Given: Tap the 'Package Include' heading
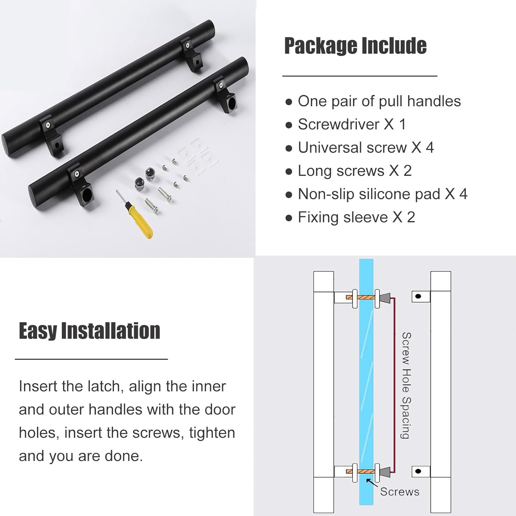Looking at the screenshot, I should click(355, 46).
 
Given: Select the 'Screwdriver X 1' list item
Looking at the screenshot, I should click(352, 124).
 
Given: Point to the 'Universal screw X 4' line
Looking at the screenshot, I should click(366, 148).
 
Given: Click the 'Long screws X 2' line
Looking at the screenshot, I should click(354, 171).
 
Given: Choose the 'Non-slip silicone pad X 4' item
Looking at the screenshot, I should click(382, 194).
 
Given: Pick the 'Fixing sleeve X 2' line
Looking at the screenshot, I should click(356, 217).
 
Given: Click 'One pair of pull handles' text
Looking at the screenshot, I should click(379, 101).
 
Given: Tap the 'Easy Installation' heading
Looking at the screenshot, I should click(89, 331).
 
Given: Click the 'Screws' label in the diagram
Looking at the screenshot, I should click(399, 492).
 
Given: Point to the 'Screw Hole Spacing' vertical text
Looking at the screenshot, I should click(406, 385).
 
